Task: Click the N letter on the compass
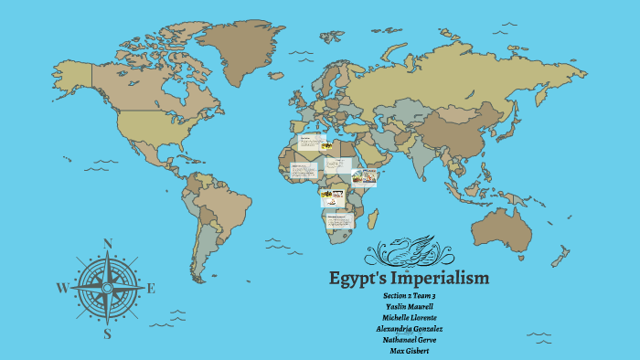point(108,243)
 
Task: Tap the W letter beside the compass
point(62,288)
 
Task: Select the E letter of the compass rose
point(151,289)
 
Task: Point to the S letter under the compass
point(107,334)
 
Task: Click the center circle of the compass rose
point(107,288)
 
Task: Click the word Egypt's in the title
point(358,277)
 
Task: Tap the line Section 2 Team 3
point(409,296)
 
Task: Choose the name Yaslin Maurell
point(409,307)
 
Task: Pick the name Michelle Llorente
point(409,318)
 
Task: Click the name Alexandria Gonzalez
point(409,329)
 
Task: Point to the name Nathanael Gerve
point(409,340)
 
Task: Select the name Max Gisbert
point(409,351)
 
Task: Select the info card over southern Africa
point(339,222)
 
